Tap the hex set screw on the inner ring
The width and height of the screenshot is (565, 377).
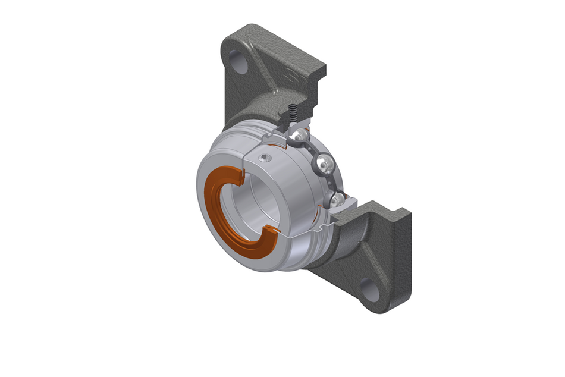266,157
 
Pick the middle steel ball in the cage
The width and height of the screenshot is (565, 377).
323,164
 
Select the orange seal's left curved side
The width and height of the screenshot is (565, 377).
209,208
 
